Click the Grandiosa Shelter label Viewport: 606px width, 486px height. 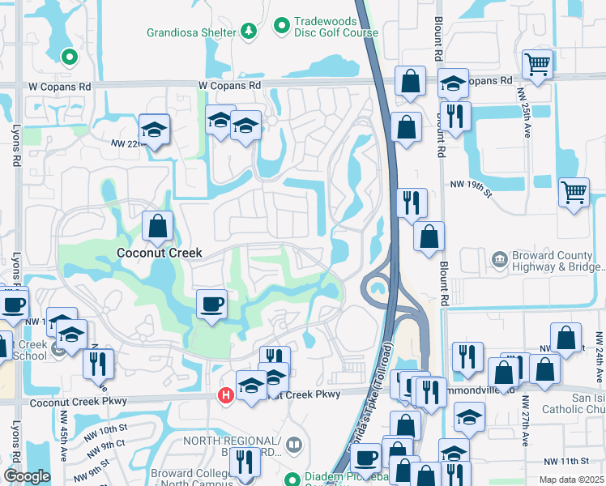click(191, 33)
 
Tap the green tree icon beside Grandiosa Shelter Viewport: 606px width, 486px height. click(250, 32)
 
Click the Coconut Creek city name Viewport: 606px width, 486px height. click(159, 253)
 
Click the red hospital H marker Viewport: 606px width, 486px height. click(226, 394)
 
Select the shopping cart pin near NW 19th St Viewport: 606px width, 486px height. click(574, 193)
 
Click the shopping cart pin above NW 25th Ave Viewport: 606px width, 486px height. click(537, 65)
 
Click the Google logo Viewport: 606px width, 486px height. click(27, 476)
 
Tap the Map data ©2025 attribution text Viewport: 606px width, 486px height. click(570, 480)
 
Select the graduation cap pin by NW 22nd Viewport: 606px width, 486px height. click(152, 129)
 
